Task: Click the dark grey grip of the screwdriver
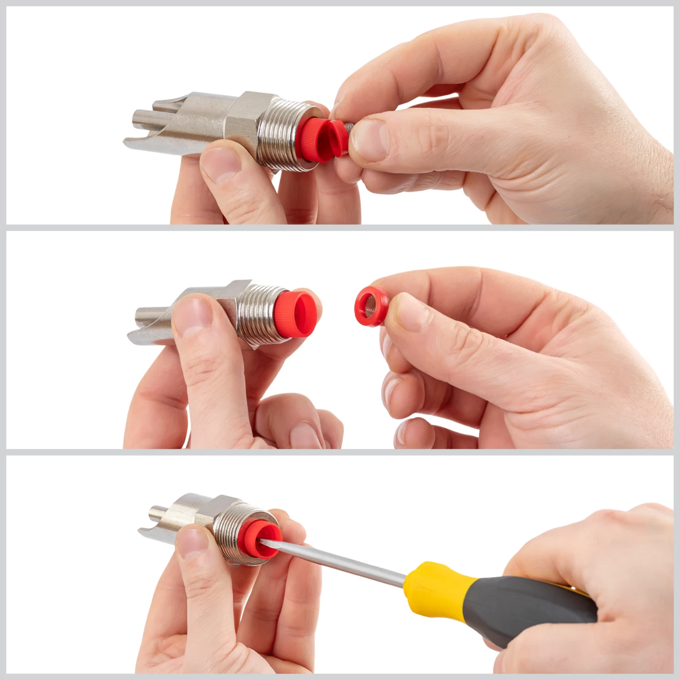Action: [x=531, y=606]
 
